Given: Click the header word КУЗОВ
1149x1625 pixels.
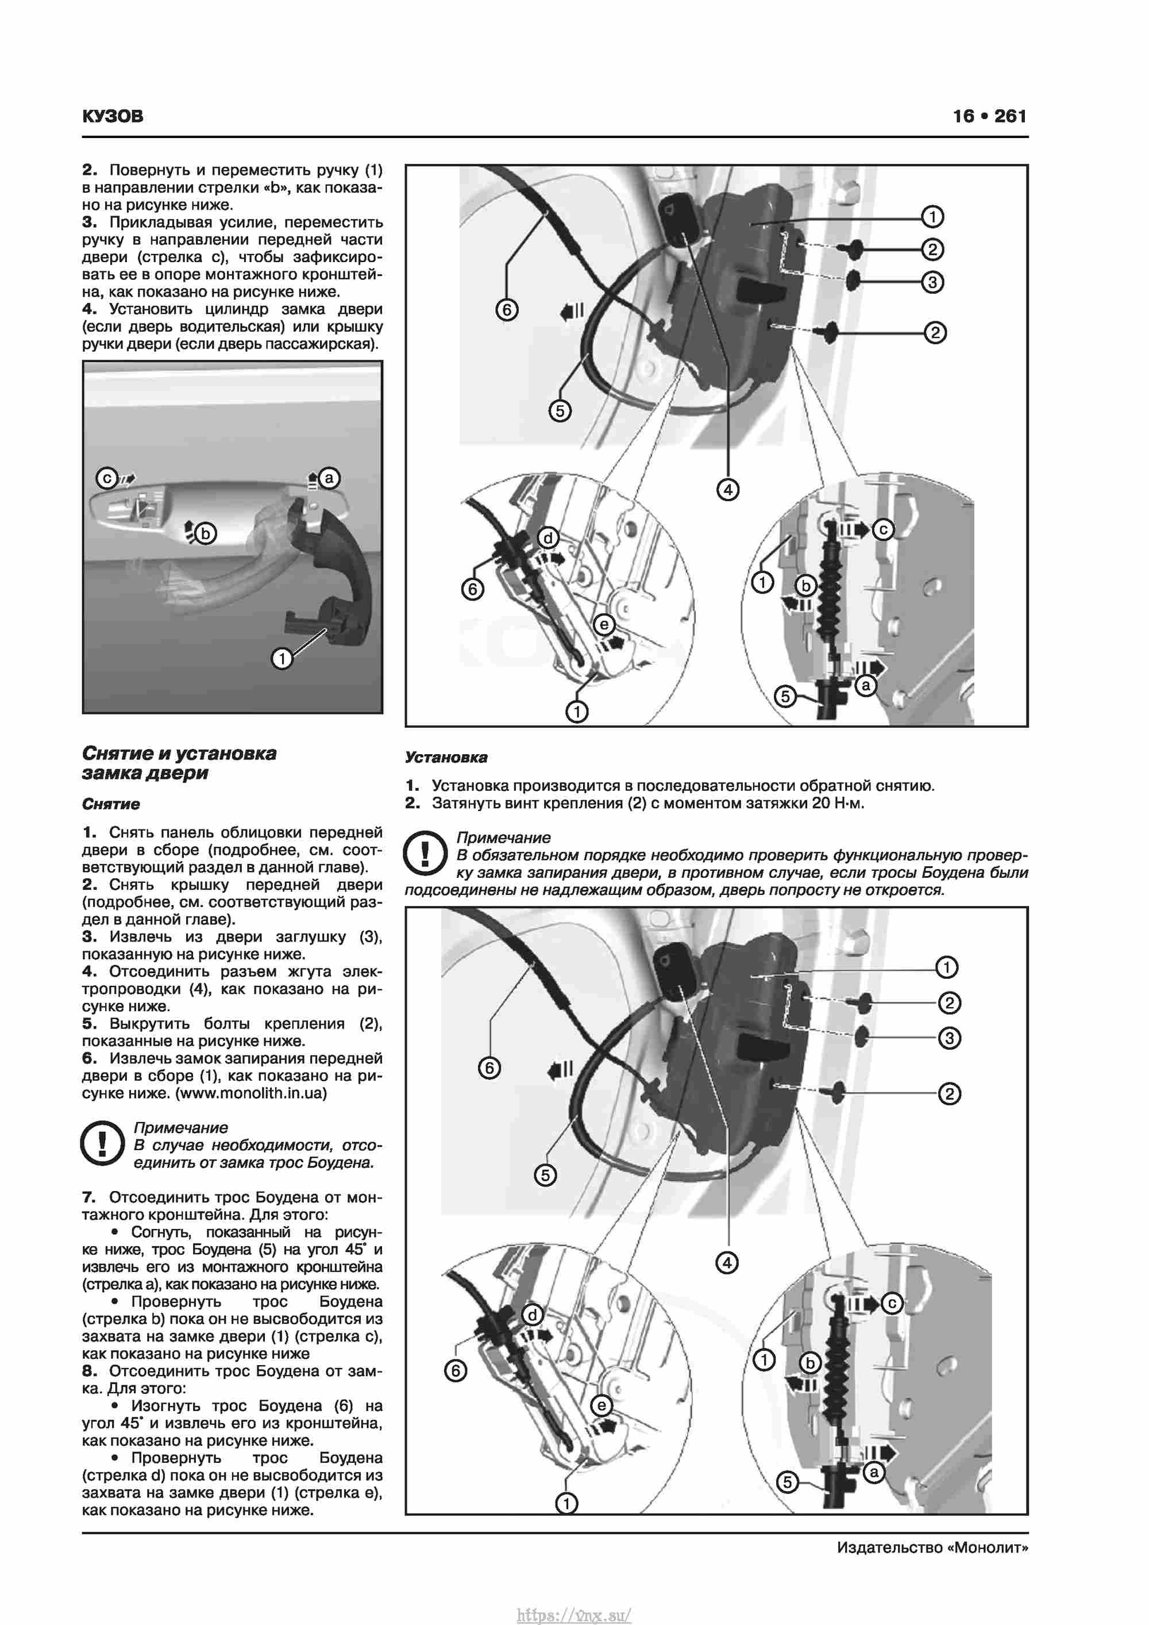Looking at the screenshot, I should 113,116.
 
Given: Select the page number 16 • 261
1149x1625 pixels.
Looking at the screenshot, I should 989,116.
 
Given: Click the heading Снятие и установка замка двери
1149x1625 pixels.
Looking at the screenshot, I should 179,763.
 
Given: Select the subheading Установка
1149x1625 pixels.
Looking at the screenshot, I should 446,757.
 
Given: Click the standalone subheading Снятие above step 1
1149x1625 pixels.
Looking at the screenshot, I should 110,804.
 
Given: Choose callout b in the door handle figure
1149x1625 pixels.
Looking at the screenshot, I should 206,533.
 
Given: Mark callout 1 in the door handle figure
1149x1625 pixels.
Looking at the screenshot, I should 282,659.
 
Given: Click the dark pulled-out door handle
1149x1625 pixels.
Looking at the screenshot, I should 337,566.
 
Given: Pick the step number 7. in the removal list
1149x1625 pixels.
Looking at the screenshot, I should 88,1197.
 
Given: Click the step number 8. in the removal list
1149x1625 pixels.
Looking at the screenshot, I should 88,1371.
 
